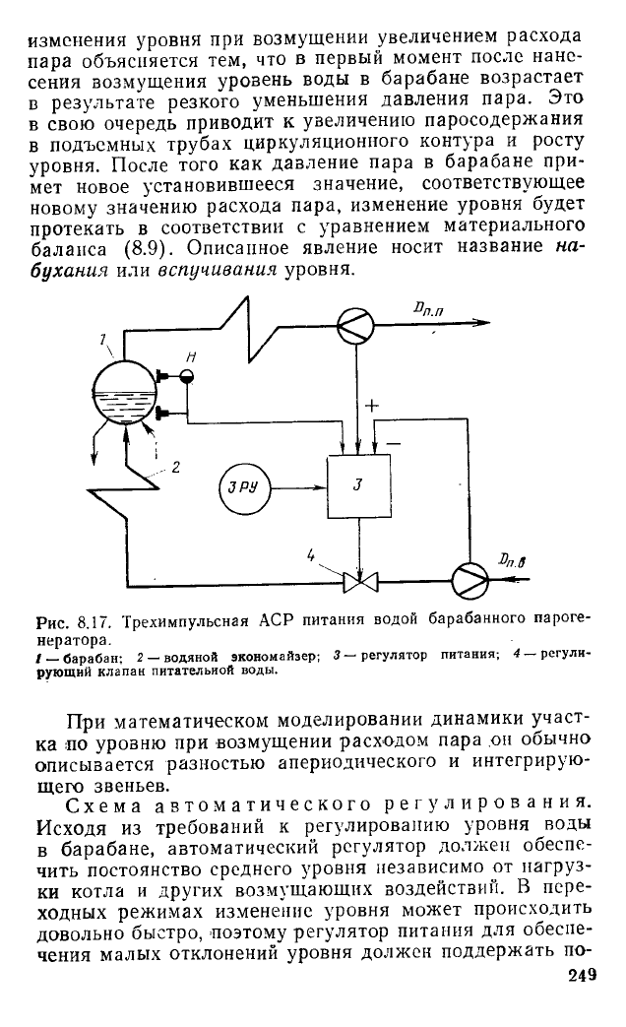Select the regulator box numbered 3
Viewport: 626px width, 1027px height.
[x=358, y=484]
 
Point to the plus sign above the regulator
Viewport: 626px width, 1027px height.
[x=371, y=406]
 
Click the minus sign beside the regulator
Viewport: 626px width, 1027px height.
[x=394, y=443]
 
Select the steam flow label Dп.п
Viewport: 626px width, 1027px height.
[x=429, y=308]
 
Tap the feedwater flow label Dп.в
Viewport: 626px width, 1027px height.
[x=512, y=559]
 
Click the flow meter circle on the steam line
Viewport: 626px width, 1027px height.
[x=355, y=323]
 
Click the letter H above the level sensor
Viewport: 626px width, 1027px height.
[x=191, y=357]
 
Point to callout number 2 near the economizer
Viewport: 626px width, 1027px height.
[x=175, y=467]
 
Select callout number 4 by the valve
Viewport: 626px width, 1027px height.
[x=311, y=556]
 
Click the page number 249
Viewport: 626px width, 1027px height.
[x=582, y=975]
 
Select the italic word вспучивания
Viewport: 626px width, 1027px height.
[x=219, y=270]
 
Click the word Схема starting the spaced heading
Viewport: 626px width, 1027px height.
[x=104, y=804]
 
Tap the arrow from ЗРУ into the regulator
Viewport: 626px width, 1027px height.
[x=298, y=486]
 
